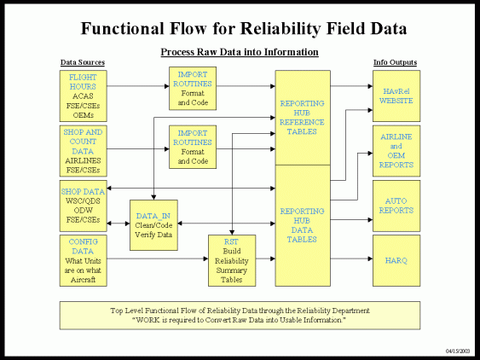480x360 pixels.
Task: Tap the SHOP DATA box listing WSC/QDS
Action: click(x=84, y=206)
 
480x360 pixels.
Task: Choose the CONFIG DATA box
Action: click(x=84, y=260)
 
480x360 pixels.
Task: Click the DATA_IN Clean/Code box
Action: click(x=153, y=224)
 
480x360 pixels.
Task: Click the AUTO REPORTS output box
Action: click(x=396, y=206)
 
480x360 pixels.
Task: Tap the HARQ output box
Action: click(x=396, y=259)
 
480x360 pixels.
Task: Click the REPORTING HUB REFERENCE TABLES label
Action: click(x=302, y=118)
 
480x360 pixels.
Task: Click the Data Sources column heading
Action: click(x=82, y=63)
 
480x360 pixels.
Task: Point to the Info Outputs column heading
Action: click(x=396, y=63)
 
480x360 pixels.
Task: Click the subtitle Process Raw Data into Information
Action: click(x=240, y=53)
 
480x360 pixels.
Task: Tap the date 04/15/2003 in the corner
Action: click(x=458, y=351)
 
